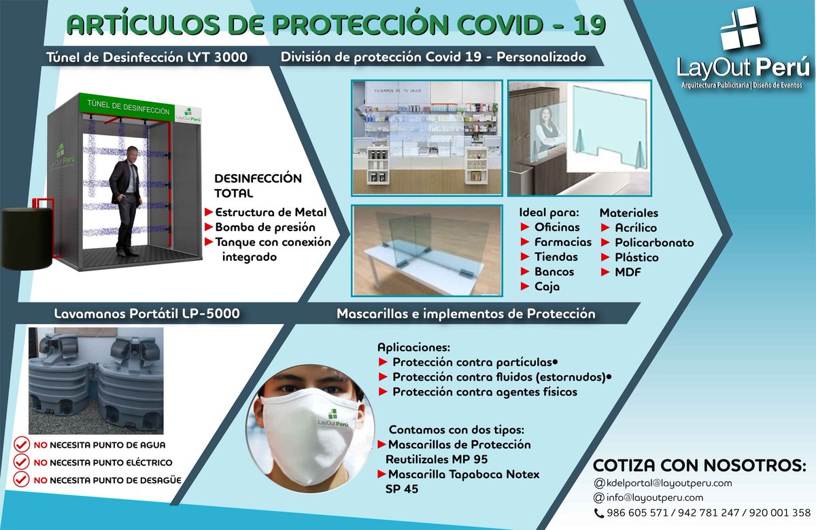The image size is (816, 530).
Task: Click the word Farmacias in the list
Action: tap(563, 242)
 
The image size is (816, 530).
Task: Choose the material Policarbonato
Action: tap(654, 243)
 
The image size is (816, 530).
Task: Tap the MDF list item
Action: tap(628, 272)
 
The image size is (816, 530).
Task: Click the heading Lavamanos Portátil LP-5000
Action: tap(147, 314)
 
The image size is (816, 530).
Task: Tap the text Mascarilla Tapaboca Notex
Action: tap(463, 474)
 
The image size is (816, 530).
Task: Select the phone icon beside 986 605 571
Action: tap(599, 513)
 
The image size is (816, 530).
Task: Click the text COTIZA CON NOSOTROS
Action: tap(700, 465)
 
